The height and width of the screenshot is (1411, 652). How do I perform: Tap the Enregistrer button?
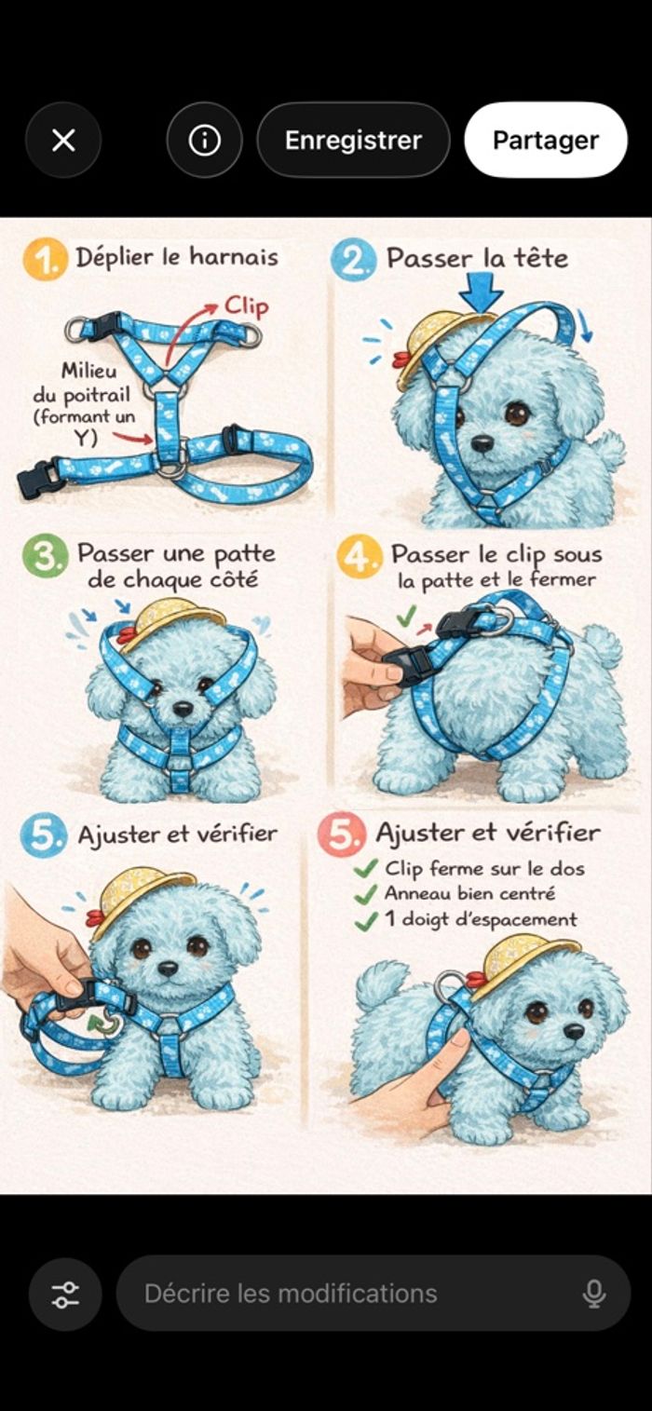[353, 140]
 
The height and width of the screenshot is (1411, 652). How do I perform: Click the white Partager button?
[546, 140]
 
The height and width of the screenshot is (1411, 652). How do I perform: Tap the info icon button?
[205, 140]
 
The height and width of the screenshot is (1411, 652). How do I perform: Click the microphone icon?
[593, 1294]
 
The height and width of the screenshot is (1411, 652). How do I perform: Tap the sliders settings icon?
[65, 1294]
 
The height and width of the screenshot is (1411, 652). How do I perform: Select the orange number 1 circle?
[45, 259]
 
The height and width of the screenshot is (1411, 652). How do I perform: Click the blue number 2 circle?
[353, 259]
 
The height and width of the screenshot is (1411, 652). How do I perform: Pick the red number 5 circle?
[342, 834]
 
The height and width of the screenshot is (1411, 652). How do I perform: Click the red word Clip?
[246, 306]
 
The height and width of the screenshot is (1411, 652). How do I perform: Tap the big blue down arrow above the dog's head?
[482, 291]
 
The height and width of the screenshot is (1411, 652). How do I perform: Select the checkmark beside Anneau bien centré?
[366, 894]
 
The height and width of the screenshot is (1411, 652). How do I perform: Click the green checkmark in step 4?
[406, 616]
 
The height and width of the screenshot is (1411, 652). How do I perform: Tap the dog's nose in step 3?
[183, 710]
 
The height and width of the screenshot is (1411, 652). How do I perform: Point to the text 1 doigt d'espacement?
[481, 919]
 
